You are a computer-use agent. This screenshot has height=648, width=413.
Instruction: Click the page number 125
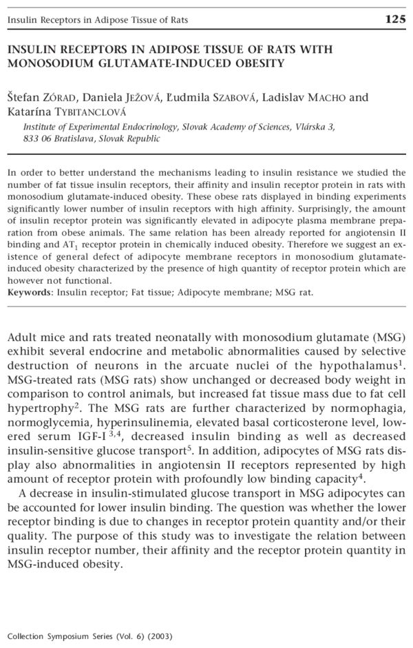(x=396, y=20)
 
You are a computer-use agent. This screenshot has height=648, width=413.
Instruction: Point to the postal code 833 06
(x=34, y=138)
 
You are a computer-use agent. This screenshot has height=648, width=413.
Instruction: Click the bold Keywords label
(x=30, y=292)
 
